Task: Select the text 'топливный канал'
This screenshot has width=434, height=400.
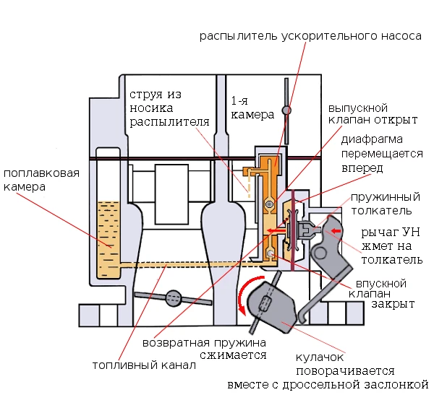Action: pos(144,365)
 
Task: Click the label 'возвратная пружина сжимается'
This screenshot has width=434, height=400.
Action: pos(205,349)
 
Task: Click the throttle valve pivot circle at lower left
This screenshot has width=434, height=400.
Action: pos(174,298)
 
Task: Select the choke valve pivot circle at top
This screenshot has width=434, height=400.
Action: pos(287,110)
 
